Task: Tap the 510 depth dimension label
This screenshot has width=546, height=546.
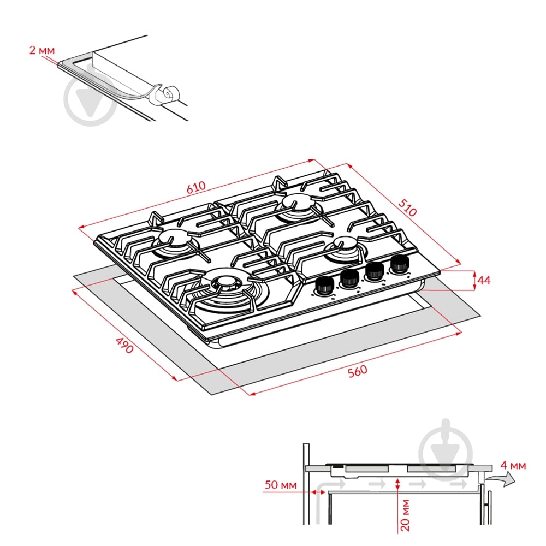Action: pos(407,207)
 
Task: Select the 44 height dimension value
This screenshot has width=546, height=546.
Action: pos(484,280)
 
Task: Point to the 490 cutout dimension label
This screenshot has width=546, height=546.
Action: pos(124,345)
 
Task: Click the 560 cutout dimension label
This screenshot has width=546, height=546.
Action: pos(358,371)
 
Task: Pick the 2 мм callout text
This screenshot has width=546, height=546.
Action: pos(42,50)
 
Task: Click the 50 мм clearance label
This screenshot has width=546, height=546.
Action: pos(281,485)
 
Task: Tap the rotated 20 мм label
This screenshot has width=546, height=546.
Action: pos(405,515)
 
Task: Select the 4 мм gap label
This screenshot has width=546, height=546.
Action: pos(513,465)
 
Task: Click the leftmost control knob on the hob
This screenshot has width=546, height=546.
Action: pos(324,286)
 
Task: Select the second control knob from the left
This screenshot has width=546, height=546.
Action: pos(349,278)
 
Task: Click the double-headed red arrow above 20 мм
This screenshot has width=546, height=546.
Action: pos(398,484)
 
